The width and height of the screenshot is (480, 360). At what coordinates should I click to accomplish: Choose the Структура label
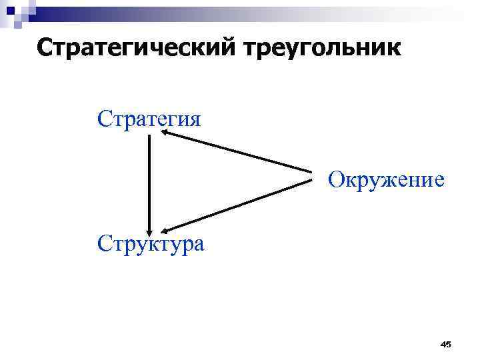click(x=151, y=243)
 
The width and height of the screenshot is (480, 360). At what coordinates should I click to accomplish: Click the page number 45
click(x=445, y=344)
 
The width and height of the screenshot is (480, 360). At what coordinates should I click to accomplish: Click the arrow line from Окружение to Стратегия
click(x=237, y=155)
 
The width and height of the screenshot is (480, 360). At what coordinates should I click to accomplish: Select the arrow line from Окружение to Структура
click(x=237, y=204)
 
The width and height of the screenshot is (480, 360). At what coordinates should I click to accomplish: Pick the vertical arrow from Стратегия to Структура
click(x=149, y=180)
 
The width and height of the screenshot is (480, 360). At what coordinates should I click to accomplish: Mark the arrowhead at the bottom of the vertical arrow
click(x=149, y=227)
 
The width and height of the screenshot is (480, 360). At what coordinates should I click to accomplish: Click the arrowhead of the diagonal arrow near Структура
click(x=164, y=228)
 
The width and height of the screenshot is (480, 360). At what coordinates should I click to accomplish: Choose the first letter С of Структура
click(x=104, y=243)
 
